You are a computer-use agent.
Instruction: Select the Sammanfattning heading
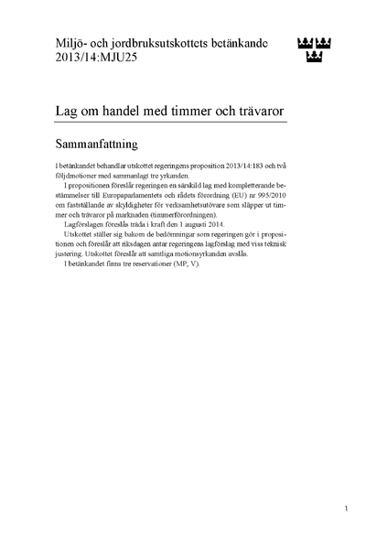(95, 145)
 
